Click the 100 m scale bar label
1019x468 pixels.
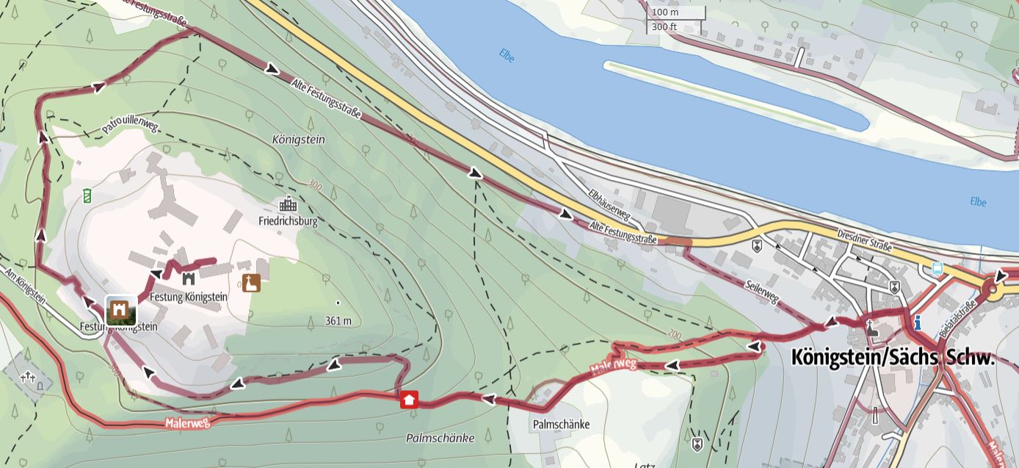[x=665, y=12]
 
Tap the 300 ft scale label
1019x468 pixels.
[x=664, y=27]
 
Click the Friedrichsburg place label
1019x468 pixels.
[x=288, y=220]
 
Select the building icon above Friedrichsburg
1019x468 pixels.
[x=288, y=204]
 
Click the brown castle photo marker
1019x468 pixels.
[x=120, y=311]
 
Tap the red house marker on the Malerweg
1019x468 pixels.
[x=409, y=400]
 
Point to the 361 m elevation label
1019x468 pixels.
[x=338, y=320]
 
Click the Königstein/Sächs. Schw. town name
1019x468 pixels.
[x=893, y=358]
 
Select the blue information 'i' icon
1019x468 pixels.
[x=917, y=322]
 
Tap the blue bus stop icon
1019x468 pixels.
[x=937, y=269]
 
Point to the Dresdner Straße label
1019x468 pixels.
[x=864, y=240]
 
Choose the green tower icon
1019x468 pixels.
[x=87, y=195]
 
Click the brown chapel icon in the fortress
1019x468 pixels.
[x=251, y=283]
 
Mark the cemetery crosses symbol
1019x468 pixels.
[x=28, y=377]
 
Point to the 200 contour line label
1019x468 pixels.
[x=674, y=334]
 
